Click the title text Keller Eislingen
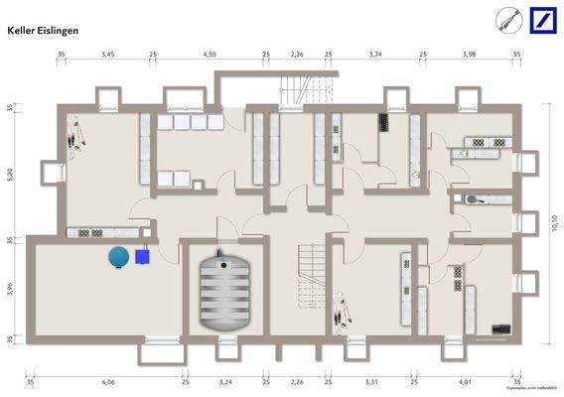[x=43, y=31]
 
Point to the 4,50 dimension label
[x=210, y=56]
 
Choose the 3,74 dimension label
[x=375, y=56]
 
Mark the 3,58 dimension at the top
[x=469, y=56]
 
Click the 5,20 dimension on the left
[x=11, y=173]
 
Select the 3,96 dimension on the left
[x=11, y=289]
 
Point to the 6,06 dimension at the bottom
[x=108, y=381]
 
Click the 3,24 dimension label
[x=224, y=381]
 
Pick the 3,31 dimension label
[x=371, y=381]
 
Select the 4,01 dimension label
[x=465, y=381]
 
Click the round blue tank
[x=119, y=256]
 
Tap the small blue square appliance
[x=144, y=256]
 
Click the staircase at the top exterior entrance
[x=297, y=90]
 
